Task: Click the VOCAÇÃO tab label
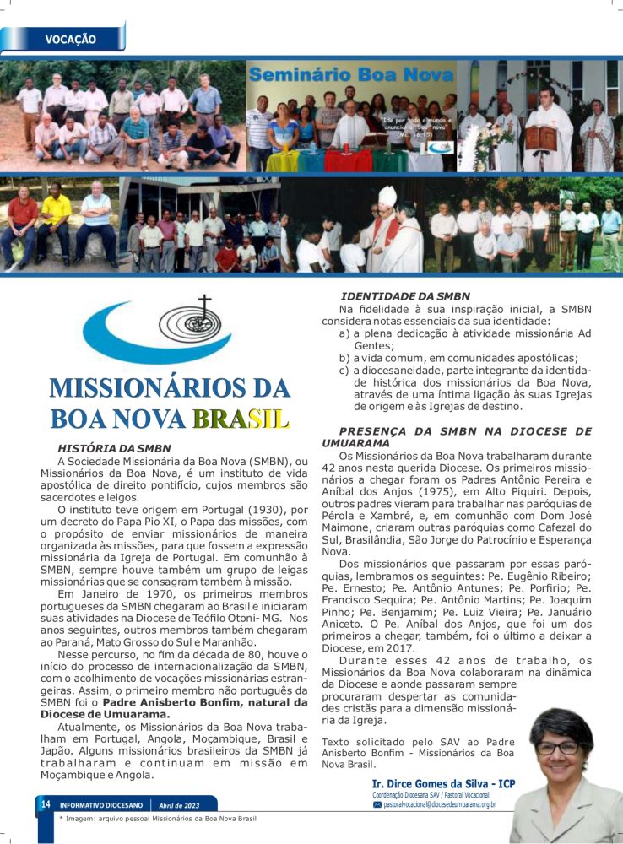70,40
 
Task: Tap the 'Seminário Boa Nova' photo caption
350,75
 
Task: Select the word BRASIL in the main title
240,418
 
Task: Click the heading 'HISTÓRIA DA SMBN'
114,448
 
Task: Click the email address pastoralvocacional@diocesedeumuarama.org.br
439,805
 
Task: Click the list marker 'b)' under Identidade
344,358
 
